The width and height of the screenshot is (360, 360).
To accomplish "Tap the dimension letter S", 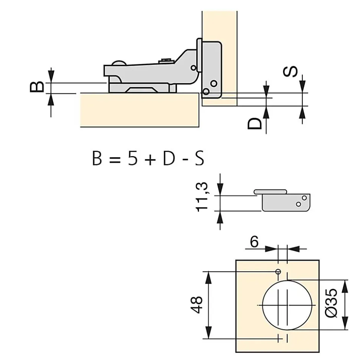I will click(292, 72).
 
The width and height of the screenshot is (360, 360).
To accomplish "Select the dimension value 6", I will click(254, 242).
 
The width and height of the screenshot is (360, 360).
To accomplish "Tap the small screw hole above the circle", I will click(278, 272).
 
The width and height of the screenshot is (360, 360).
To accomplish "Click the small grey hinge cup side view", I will click(286, 201).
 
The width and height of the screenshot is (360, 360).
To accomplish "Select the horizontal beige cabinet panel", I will click(139, 110).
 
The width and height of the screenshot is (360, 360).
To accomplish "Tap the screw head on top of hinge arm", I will click(166, 59).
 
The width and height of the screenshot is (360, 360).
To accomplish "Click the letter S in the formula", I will click(199, 159).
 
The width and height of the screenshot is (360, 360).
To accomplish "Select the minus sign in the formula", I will click(184, 159).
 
